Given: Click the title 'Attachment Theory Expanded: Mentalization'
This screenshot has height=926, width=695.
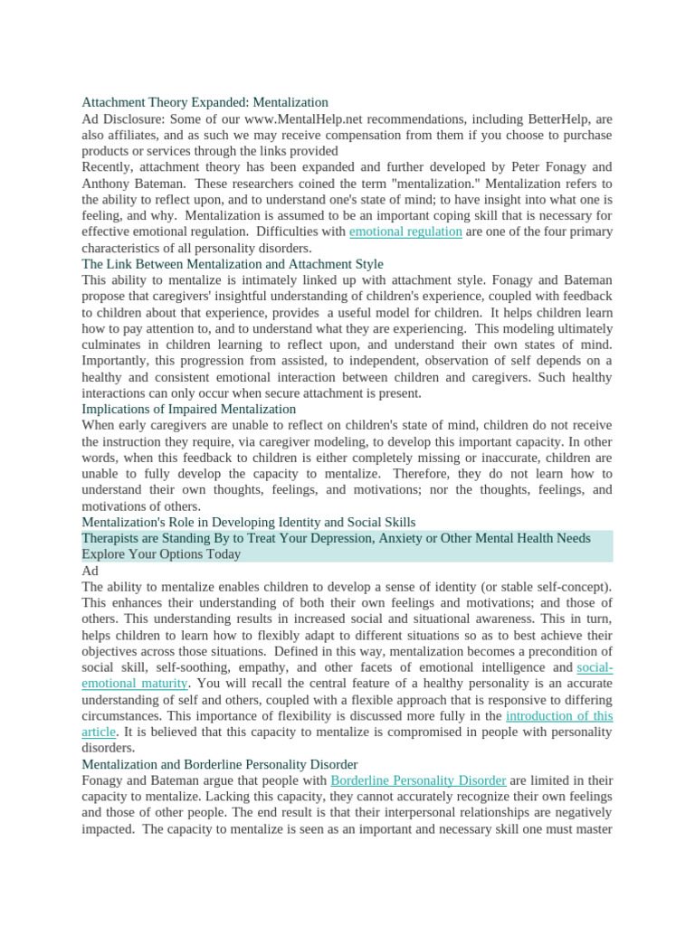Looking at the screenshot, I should [205, 102].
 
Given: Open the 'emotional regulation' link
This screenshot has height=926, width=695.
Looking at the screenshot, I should [405, 231].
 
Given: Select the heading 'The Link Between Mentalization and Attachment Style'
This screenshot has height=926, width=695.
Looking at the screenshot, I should [233, 264].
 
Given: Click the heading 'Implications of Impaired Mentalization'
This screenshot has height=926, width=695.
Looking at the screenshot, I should [188, 409].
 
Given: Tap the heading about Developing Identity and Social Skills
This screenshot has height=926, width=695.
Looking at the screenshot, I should [249, 522].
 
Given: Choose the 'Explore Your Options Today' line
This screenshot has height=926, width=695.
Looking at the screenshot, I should [161, 554].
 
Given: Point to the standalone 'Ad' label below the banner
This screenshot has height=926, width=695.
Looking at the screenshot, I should [90, 571].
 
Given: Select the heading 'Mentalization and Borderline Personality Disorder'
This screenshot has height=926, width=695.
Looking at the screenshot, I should [219, 764].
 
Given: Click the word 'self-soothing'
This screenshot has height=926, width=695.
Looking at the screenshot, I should [169, 667].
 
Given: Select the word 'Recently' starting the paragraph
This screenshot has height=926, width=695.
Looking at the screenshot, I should [107, 167].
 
